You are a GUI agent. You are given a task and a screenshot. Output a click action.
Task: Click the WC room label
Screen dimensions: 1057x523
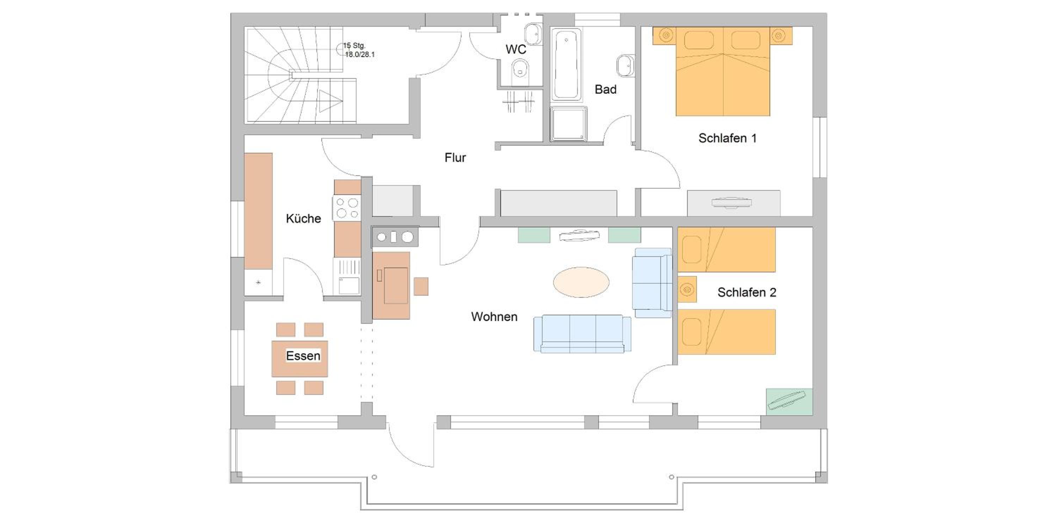coord(516,49)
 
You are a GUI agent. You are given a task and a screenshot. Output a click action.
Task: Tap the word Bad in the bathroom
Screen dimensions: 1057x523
coord(606,89)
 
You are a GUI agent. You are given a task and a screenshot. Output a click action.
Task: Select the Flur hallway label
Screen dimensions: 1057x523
coord(455,158)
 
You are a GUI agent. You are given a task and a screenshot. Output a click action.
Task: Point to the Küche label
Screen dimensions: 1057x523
coord(303,219)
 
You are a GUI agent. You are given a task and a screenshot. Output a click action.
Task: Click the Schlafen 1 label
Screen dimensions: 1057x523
coord(728,138)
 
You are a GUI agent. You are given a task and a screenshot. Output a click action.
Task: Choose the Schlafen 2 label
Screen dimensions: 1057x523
coord(747,292)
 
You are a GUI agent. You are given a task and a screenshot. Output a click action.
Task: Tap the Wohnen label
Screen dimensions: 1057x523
coord(494,316)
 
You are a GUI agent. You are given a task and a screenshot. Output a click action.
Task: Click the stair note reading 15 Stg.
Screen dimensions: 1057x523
coord(354,45)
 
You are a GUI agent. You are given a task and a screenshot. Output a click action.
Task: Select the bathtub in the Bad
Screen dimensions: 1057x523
coord(566,64)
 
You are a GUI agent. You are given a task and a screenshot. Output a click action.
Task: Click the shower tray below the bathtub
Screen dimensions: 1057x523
coord(569,124)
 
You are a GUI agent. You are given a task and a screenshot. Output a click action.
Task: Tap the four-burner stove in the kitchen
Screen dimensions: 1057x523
coord(347,207)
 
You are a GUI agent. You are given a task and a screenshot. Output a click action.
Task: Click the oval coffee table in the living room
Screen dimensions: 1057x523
coord(581,282)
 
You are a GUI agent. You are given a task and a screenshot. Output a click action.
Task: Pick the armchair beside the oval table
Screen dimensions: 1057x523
coord(653,283)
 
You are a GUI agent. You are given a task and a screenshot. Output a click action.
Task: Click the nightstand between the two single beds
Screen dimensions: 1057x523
coord(687,289)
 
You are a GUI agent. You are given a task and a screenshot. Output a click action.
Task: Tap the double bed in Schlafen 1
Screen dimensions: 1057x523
coord(723,71)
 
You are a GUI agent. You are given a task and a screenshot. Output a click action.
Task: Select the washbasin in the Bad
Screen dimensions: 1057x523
coord(626,65)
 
